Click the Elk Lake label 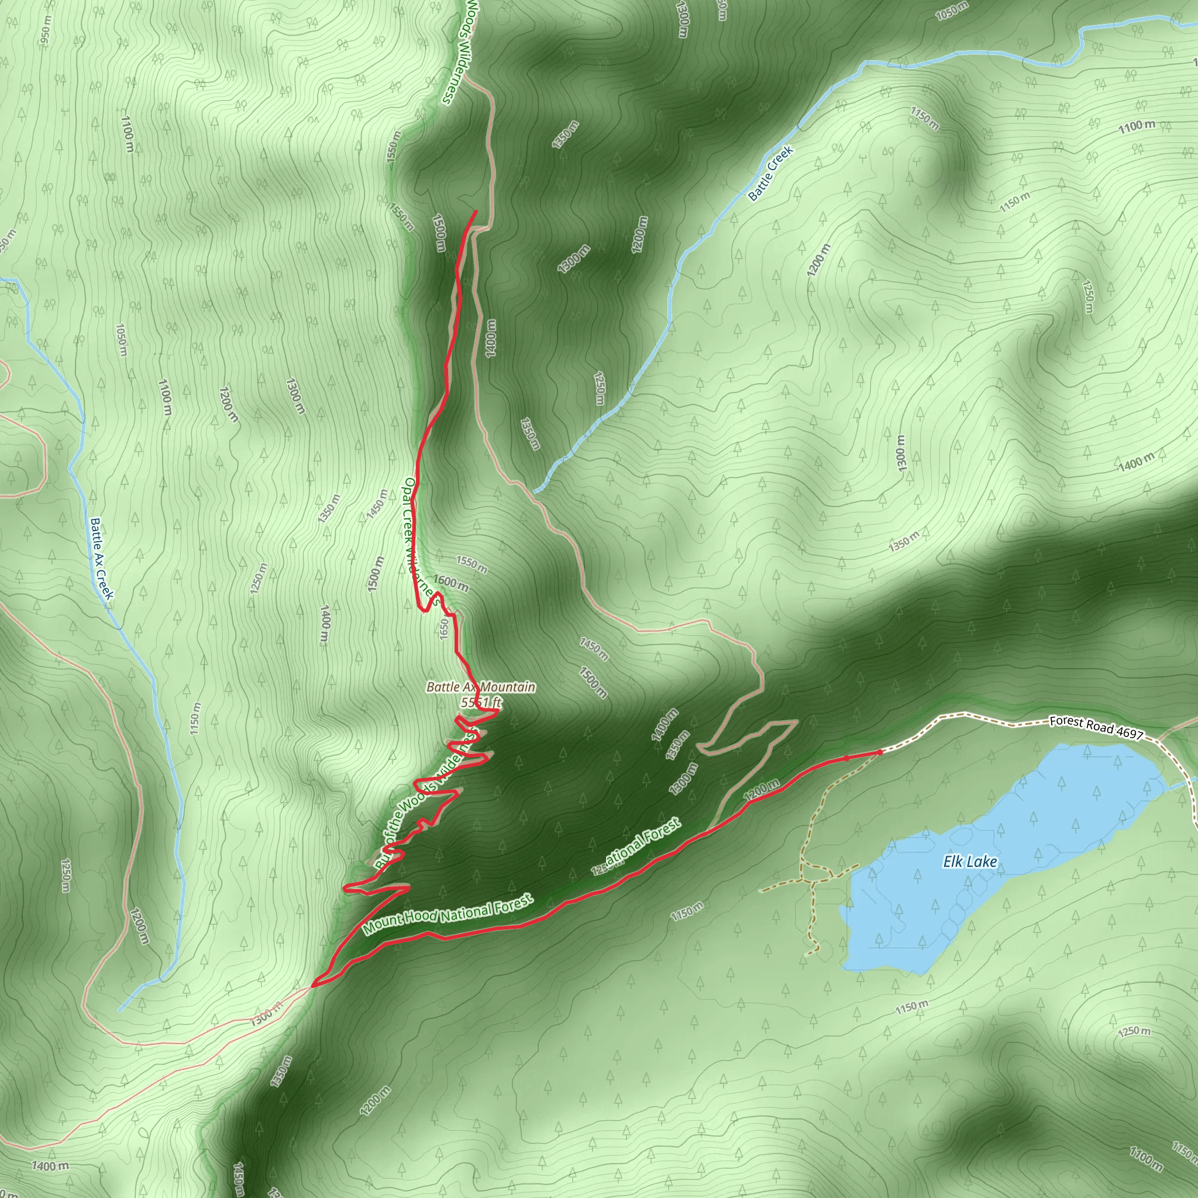[x=970, y=862]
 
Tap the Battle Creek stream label [x=770, y=174]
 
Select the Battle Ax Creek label [x=102, y=559]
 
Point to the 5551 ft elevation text [x=481, y=702]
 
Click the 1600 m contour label [x=451, y=583]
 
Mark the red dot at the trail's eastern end [x=879, y=752]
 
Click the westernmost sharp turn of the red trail [x=314, y=984]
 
